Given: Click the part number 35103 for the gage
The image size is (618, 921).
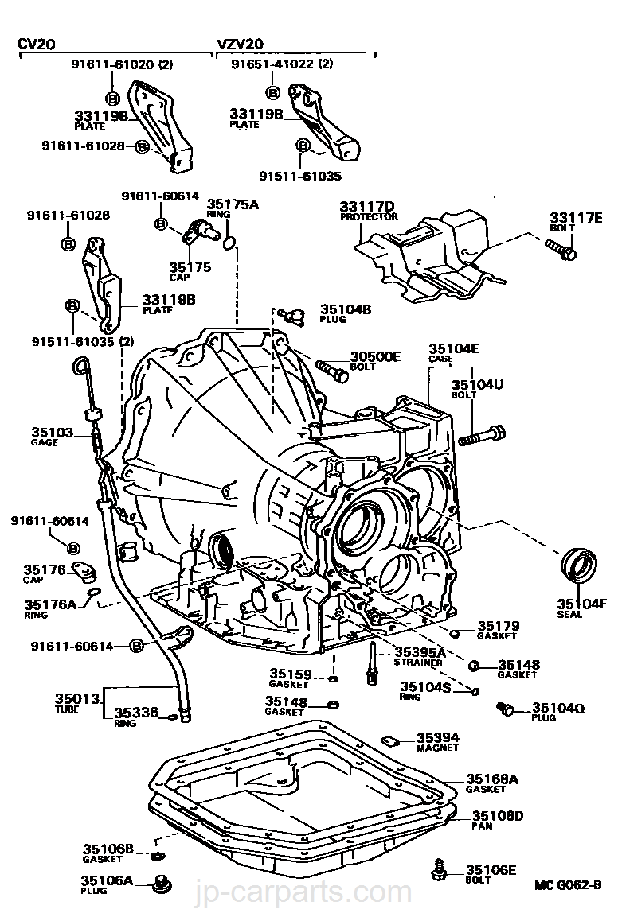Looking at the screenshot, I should tap(53, 433).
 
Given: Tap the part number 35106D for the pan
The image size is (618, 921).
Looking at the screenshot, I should tap(498, 816).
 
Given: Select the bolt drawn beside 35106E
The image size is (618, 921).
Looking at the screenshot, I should tap(438, 869).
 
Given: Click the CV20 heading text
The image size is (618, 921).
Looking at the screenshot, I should tap(37, 44).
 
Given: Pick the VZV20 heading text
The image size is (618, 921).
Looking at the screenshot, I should tap(240, 44).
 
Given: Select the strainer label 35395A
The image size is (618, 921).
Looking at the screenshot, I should tap(419, 651).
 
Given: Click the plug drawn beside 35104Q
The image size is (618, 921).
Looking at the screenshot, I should tap(503, 708).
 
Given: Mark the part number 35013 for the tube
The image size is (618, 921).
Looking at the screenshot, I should tap(78, 698).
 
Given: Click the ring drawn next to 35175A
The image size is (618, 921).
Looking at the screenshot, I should tap(230, 242).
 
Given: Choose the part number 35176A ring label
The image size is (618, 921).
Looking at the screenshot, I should tap(50, 604).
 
